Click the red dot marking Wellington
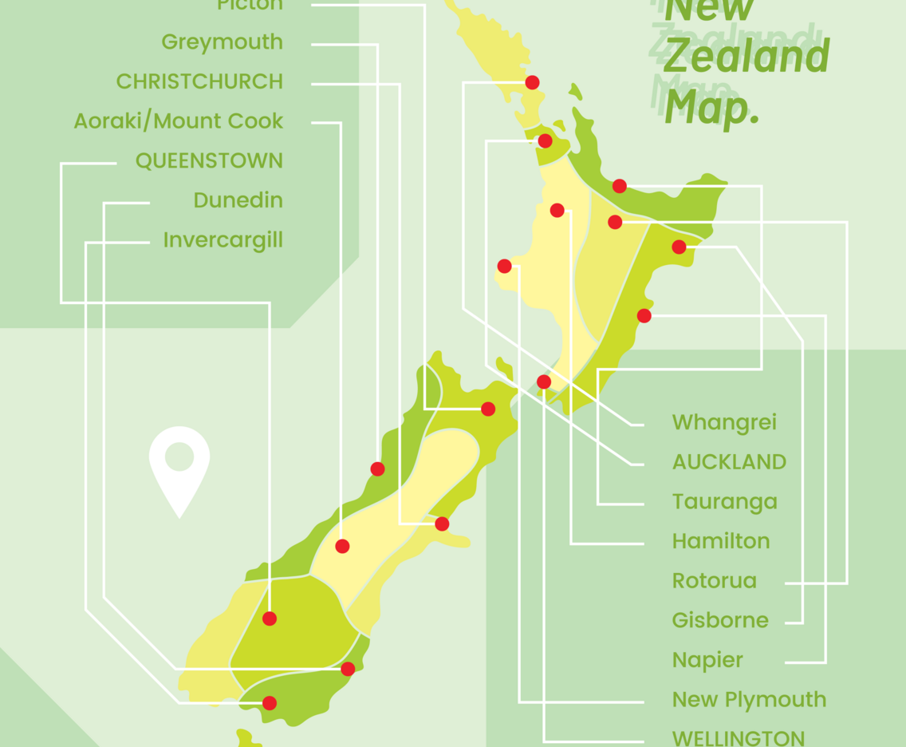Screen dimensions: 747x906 click(x=544, y=381)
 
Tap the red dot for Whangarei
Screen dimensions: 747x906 click(x=532, y=82)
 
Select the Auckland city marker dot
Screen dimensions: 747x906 click(x=545, y=141)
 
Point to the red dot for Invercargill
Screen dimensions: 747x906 click(x=270, y=703)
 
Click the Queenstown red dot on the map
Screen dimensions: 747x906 click(x=270, y=619)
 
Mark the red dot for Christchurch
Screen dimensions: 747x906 click(x=442, y=524)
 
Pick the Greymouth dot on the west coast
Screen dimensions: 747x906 click(x=377, y=468)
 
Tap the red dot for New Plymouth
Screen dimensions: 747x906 click(x=504, y=266)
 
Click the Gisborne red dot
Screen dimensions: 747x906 click(x=679, y=247)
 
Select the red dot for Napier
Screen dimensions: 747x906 click(x=644, y=316)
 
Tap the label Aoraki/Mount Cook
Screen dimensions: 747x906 click(x=179, y=121)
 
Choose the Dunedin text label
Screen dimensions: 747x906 click(x=238, y=200)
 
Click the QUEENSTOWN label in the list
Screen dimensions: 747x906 click(x=209, y=161)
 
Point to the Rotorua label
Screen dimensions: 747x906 click(x=714, y=581)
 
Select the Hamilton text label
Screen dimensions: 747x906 click(x=721, y=541)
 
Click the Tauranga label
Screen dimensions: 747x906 click(x=724, y=502)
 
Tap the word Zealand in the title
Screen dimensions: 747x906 click(x=746, y=57)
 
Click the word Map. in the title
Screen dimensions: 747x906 click(x=711, y=108)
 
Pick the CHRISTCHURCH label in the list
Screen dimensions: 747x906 click(x=199, y=81)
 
